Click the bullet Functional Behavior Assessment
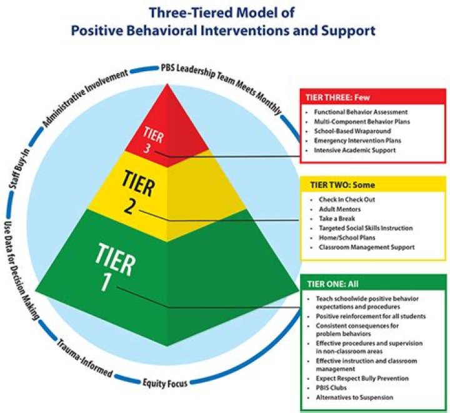click(353, 112)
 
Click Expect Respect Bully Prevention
click(362, 378)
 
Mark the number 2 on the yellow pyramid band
click(129, 206)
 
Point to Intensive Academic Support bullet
click(355, 151)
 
